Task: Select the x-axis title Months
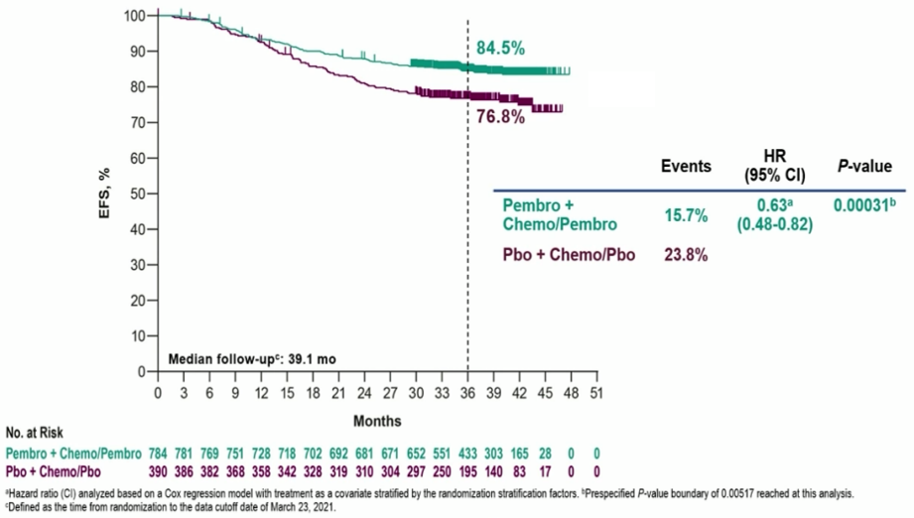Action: (x=377, y=419)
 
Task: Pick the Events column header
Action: (x=686, y=167)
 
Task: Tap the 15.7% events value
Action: (x=686, y=214)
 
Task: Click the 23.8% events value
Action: (x=686, y=254)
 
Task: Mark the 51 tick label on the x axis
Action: (x=596, y=392)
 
